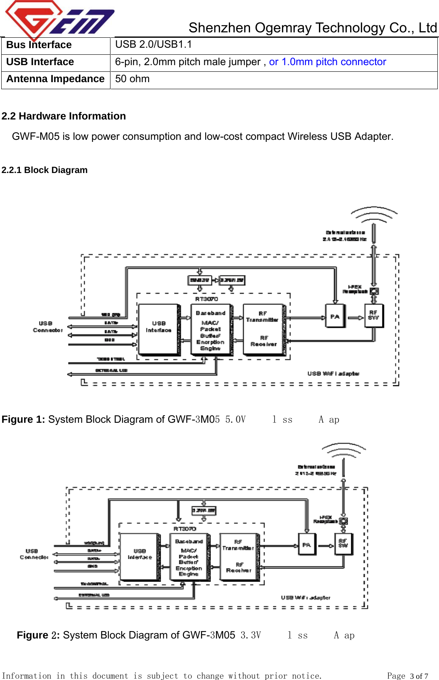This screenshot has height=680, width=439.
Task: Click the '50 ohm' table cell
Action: [x=132, y=79]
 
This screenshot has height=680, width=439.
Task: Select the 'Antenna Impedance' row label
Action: [x=55, y=79]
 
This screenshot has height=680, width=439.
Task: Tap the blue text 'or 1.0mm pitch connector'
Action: [x=327, y=62]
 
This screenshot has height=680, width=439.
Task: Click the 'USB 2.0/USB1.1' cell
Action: [x=153, y=44]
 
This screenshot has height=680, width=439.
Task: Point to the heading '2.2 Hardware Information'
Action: [x=64, y=116]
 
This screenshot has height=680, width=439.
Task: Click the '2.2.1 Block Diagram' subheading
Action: [x=44, y=170]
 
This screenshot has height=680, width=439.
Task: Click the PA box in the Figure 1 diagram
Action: [x=335, y=317]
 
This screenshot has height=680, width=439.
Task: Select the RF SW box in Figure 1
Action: [x=373, y=315]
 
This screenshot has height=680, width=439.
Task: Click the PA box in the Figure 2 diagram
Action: [x=306, y=545]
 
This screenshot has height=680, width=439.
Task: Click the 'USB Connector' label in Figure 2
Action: [x=33, y=554]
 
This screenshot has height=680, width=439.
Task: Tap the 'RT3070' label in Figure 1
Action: [x=206, y=299]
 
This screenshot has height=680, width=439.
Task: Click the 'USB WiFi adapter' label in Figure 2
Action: [x=305, y=597]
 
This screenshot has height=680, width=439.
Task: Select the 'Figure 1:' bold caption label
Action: [x=23, y=419]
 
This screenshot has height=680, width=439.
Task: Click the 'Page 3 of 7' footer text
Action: [x=407, y=676]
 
